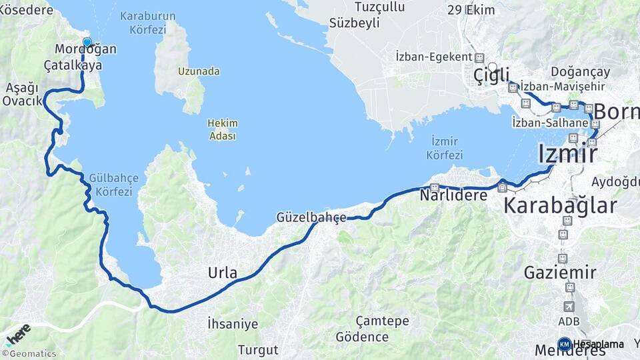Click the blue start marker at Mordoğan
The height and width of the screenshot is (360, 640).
[87, 43]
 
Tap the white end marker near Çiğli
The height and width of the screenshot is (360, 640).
[493, 67]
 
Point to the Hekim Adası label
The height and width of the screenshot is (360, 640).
[223, 129]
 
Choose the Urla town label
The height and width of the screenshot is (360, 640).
[223, 272]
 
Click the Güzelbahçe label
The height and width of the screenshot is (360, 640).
[311, 217]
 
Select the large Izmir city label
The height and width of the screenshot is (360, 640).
[567, 154]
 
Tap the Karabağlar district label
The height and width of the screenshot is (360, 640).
[560, 205]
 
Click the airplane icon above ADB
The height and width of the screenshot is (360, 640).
[569, 307]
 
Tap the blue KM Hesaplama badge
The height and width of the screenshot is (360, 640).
[565, 344]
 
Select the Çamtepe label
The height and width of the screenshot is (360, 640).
[382, 321]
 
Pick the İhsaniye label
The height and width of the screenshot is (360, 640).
[232, 324]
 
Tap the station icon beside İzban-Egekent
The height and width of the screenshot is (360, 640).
[479, 57]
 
